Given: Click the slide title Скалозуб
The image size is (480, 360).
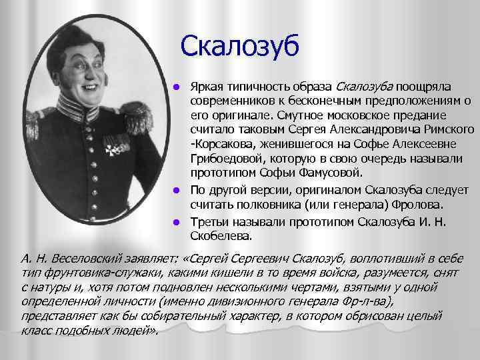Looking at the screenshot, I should click(241, 47).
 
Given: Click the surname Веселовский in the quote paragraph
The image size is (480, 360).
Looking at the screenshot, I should click(73, 259).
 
